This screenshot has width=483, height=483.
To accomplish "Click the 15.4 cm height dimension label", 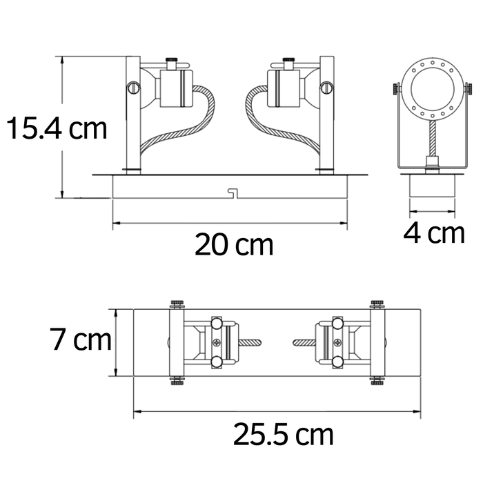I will coord(57,128).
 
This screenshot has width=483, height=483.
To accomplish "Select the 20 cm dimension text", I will coord(233,244).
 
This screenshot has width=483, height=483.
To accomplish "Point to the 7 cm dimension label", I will coord(80,340).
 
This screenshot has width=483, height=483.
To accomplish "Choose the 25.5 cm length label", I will coord(283,435).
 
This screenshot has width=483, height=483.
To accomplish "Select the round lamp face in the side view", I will coord(429,89).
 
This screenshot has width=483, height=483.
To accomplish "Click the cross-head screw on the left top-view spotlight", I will coord(218,343).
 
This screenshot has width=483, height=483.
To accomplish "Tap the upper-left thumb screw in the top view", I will coord(176,304).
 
